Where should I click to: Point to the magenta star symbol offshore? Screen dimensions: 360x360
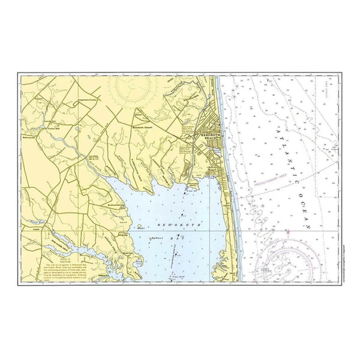(x=288, y=232)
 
